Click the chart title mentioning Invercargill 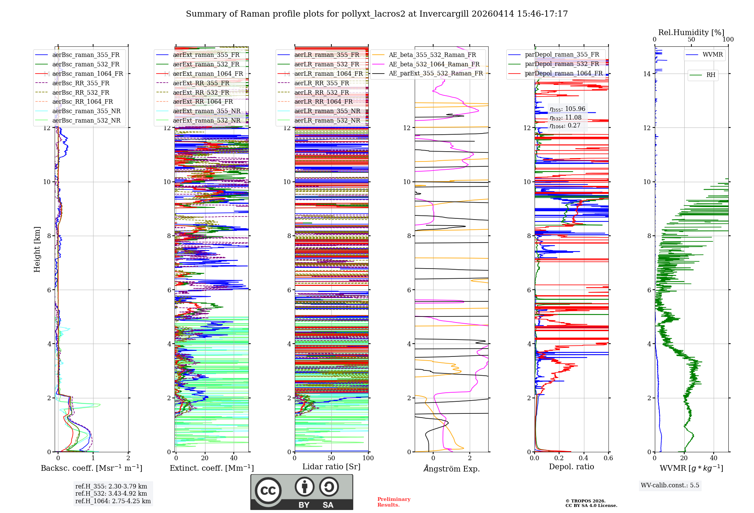click(377, 14)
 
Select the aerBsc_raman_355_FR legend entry click(86, 55)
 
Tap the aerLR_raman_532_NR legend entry click(327, 121)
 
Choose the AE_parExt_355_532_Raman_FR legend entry click(435, 74)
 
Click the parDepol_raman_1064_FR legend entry click(564, 74)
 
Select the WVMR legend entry click(713, 55)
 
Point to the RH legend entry click(711, 75)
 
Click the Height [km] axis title click(37, 249)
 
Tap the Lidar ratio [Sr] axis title click(331, 467)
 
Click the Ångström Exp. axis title click(451, 469)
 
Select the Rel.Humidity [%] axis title click(691, 32)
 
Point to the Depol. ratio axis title click(571, 467)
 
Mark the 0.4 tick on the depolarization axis click(584, 458)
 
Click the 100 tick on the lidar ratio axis click(368, 458)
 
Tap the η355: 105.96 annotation click(567, 109)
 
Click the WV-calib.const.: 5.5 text click(670, 485)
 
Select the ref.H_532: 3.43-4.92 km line click(111, 494)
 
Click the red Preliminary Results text click(394, 502)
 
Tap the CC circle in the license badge click(268, 491)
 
